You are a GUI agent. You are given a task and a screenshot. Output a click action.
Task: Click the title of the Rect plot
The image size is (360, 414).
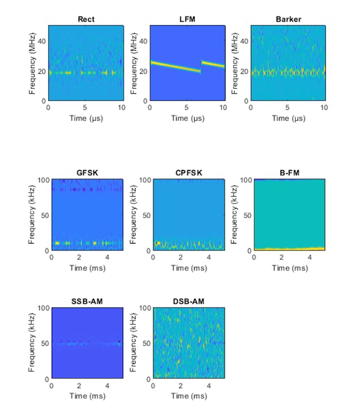coord(85,20)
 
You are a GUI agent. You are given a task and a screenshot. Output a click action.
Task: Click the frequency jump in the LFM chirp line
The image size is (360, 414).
coord(201,66)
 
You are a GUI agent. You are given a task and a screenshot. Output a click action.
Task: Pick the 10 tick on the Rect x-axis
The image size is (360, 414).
coord(121,107)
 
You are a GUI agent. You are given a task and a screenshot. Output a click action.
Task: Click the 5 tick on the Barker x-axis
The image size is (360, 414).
coord(287,107)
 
